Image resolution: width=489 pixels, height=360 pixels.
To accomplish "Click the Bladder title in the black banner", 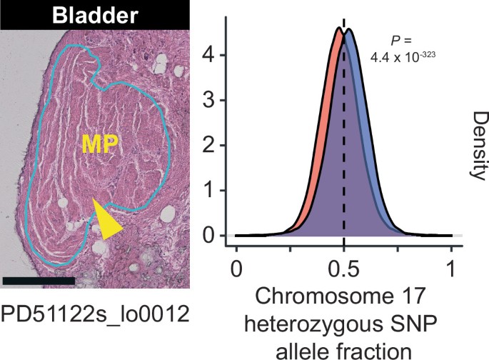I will point(94,15).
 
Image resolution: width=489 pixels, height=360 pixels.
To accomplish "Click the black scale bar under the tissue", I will point(39,281).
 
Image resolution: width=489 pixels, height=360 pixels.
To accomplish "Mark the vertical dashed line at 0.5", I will point(344,143).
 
